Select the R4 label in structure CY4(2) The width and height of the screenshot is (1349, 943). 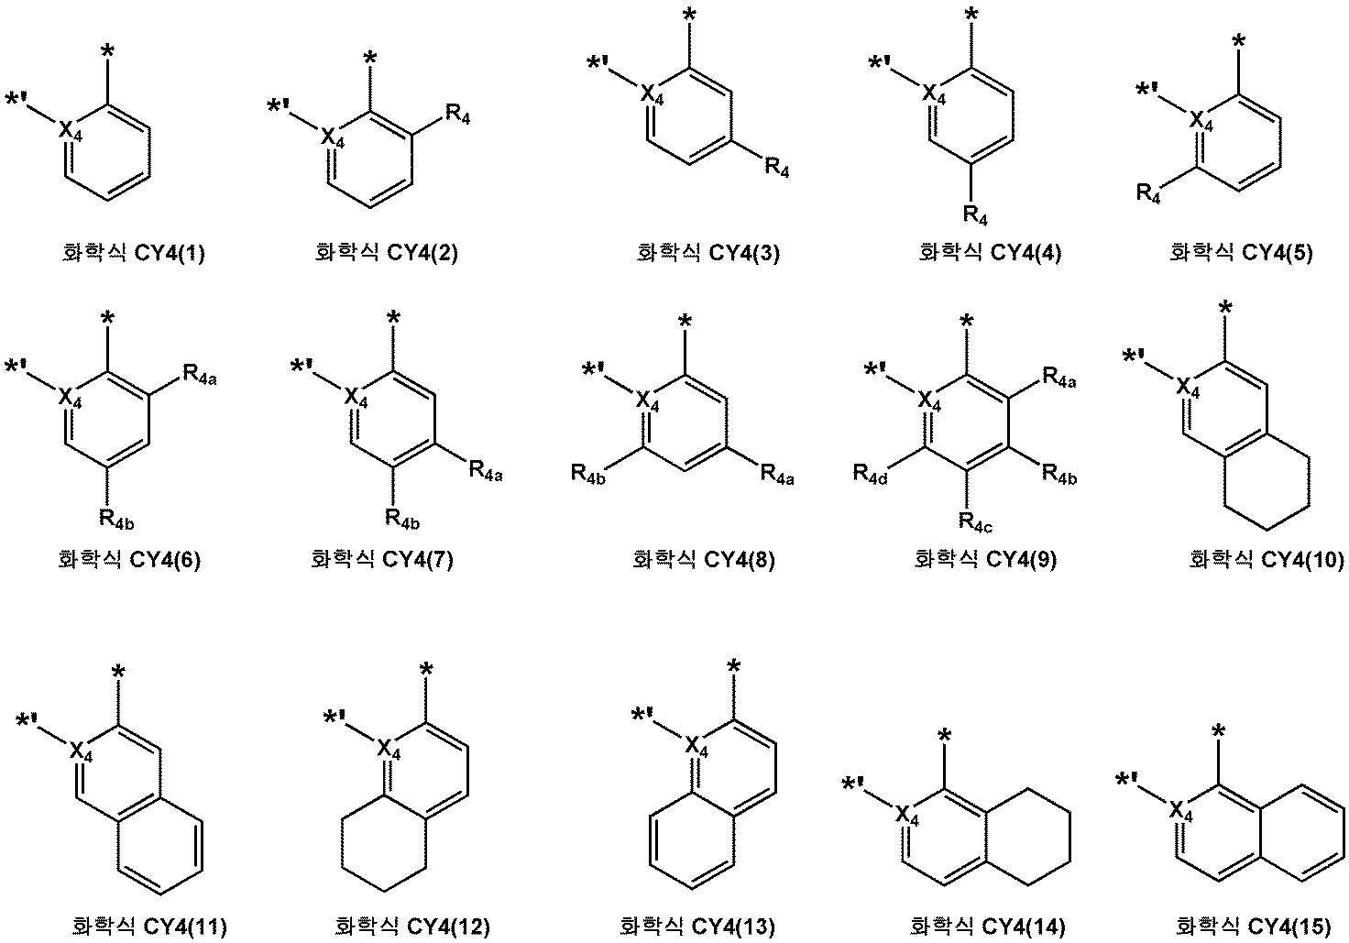(x=458, y=116)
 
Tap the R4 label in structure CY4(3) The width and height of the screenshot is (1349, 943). (x=775, y=169)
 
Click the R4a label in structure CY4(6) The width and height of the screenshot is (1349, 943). (x=200, y=372)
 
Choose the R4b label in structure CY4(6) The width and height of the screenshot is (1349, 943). (x=116, y=518)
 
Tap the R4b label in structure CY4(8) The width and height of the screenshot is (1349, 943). (x=589, y=473)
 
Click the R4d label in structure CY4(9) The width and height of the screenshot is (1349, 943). (x=872, y=473)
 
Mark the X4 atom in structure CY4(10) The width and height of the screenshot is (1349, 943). (x=1187, y=389)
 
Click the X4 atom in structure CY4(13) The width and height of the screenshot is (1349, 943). (x=696, y=748)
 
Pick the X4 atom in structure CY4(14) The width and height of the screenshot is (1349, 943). (x=905, y=814)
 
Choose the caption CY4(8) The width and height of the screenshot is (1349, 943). (x=704, y=559)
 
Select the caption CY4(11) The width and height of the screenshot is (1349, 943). (x=149, y=927)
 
